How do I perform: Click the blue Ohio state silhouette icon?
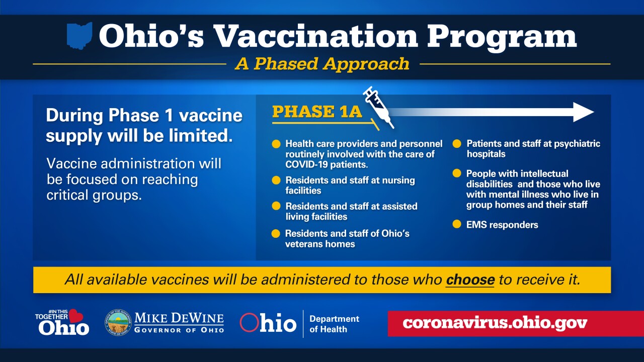[79, 36]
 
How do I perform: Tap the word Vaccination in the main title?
[315, 37]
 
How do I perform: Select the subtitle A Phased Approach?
[322, 64]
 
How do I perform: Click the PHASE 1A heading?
[317, 112]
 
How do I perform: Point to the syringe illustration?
[378, 107]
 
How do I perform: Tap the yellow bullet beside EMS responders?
[456, 224]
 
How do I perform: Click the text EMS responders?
[502, 225]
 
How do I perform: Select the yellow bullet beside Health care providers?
[276, 144]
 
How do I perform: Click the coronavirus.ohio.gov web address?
[495, 323]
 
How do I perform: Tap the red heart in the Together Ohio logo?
[75, 316]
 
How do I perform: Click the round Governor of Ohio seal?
[118, 323]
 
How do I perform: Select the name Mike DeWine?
[179, 318]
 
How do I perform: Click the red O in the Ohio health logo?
[249, 323]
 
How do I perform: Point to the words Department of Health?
[334, 324]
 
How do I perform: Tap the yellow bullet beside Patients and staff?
[456, 143]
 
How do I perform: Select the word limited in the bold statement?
[201, 135]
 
